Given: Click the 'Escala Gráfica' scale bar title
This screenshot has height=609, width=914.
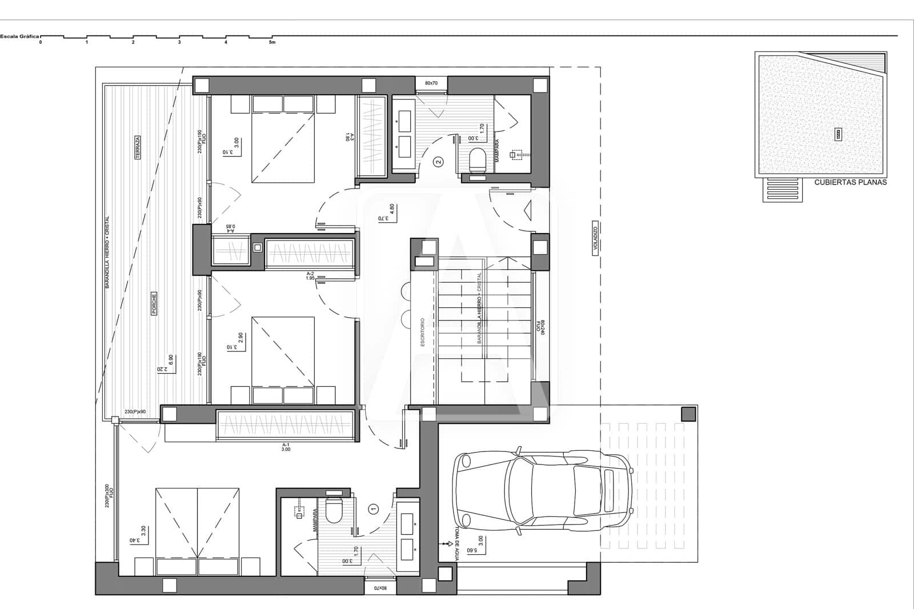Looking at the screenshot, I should [19, 36].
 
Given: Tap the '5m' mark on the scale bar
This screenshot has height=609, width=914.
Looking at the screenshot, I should [272, 42].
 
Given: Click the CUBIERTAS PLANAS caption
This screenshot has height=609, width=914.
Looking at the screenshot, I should [850, 182].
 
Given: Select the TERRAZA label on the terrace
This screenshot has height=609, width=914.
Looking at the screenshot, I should [138, 147].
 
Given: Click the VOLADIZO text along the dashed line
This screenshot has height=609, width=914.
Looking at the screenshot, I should [594, 240].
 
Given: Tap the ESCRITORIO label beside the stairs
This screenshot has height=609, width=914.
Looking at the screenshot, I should [423, 332].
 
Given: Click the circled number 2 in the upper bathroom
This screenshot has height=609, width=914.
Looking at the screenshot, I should [439, 162].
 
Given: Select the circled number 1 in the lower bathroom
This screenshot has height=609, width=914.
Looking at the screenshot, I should [374, 508].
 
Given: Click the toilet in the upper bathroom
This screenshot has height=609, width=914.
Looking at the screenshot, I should [477, 159].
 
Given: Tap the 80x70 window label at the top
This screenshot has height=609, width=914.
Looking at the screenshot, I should [431, 83].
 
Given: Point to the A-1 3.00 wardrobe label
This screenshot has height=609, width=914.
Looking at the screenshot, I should [286, 447].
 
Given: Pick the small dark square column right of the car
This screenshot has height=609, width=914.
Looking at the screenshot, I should [689, 414].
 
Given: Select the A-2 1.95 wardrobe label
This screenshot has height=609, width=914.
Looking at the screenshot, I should [310, 275].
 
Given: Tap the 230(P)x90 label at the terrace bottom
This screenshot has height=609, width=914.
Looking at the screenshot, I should [135, 412].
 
